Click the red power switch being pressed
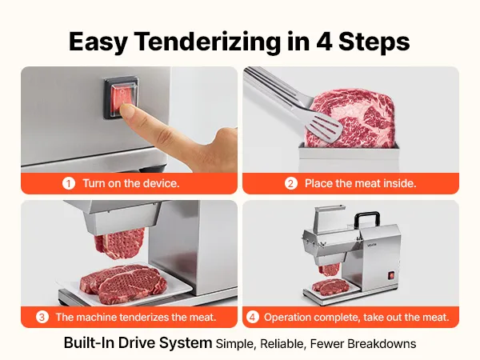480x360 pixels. click(x=122, y=98)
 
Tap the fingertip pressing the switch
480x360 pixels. click(x=127, y=111)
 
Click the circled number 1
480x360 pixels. click(x=69, y=183)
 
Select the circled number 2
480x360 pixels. click(x=291, y=183)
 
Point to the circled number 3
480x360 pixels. click(x=42, y=317)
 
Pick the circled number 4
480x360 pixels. click(x=252, y=317)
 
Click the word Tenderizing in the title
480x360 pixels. click(x=207, y=42)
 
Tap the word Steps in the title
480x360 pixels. click(x=374, y=42)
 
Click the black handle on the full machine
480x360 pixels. click(x=367, y=221)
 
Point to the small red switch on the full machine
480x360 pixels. click(x=391, y=275)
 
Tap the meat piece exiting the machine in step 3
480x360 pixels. click(x=119, y=243)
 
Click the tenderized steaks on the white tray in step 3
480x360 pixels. click(x=123, y=283)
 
